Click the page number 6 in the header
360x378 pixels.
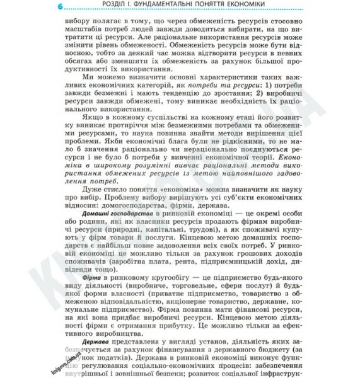point(59,7)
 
